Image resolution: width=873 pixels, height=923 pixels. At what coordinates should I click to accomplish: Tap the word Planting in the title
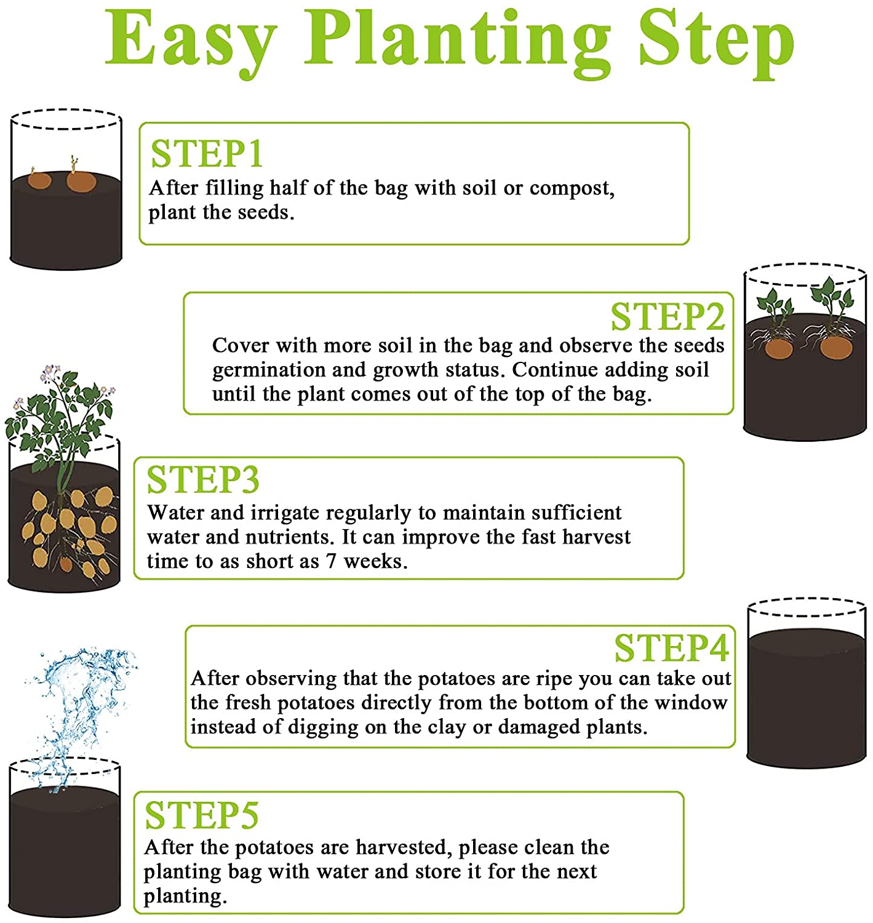click(x=458, y=43)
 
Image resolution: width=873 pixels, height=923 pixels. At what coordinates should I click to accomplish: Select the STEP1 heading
click(x=207, y=154)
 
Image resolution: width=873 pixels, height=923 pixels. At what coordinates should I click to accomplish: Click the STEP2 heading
click(x=668, y=317)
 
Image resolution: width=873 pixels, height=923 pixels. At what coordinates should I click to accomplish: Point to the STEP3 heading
click(x=203, y=480)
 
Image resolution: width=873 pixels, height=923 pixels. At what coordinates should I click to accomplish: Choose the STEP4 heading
click(x=672, y=648)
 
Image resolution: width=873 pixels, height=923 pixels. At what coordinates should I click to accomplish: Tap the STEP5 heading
click(x=201, y=815)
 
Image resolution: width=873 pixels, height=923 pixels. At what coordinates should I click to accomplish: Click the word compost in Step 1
click(x=571, y=189)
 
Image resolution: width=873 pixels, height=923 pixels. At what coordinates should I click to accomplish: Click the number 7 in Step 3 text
click(x=332, y=562)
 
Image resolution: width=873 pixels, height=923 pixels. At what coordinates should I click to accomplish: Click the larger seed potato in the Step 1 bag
click(x=81, y=182)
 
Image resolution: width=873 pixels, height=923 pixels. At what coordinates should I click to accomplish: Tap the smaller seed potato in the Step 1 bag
click(x=39, y=180)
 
